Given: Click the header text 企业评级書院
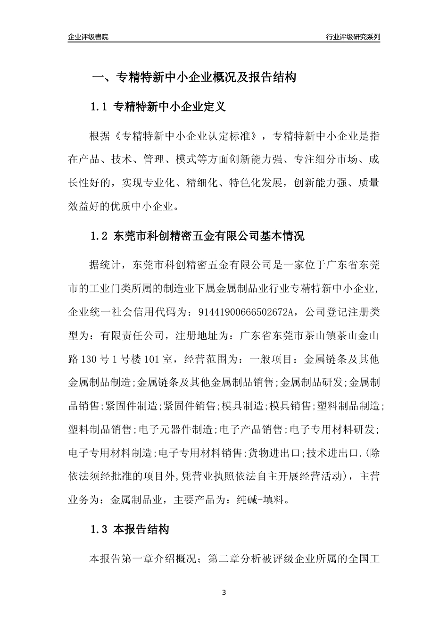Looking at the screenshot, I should coord(88,37).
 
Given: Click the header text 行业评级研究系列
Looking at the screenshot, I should coord(353,37).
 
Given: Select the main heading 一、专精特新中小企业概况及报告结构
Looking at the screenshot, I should coord(193,77).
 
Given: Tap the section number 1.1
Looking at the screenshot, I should coord(99,107).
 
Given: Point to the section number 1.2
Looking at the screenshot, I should coord(99,236).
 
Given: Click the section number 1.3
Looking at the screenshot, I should coord(99,530).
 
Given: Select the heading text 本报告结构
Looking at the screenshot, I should coord(141,530).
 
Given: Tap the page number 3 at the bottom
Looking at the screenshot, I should coord(224,592).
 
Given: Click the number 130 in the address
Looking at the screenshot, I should coord(90,359).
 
